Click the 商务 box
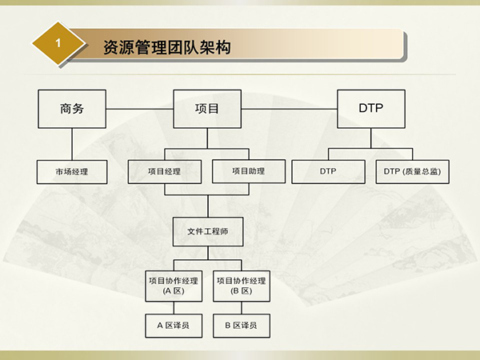72,109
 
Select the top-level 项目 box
207,109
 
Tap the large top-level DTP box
371,109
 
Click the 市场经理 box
72,172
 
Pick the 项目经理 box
164,171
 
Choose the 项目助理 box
249,171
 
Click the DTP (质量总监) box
412,171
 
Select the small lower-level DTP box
328,171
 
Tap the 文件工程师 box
208,232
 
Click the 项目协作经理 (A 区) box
174,286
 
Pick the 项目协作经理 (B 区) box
242,286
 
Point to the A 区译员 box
174,326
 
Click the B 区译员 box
242,326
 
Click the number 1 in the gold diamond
58,43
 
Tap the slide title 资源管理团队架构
167,47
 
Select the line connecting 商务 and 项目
139,109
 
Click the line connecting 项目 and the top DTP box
290,109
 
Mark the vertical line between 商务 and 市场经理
72,144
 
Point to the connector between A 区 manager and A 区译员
174,308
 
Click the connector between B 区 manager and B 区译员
242,308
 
